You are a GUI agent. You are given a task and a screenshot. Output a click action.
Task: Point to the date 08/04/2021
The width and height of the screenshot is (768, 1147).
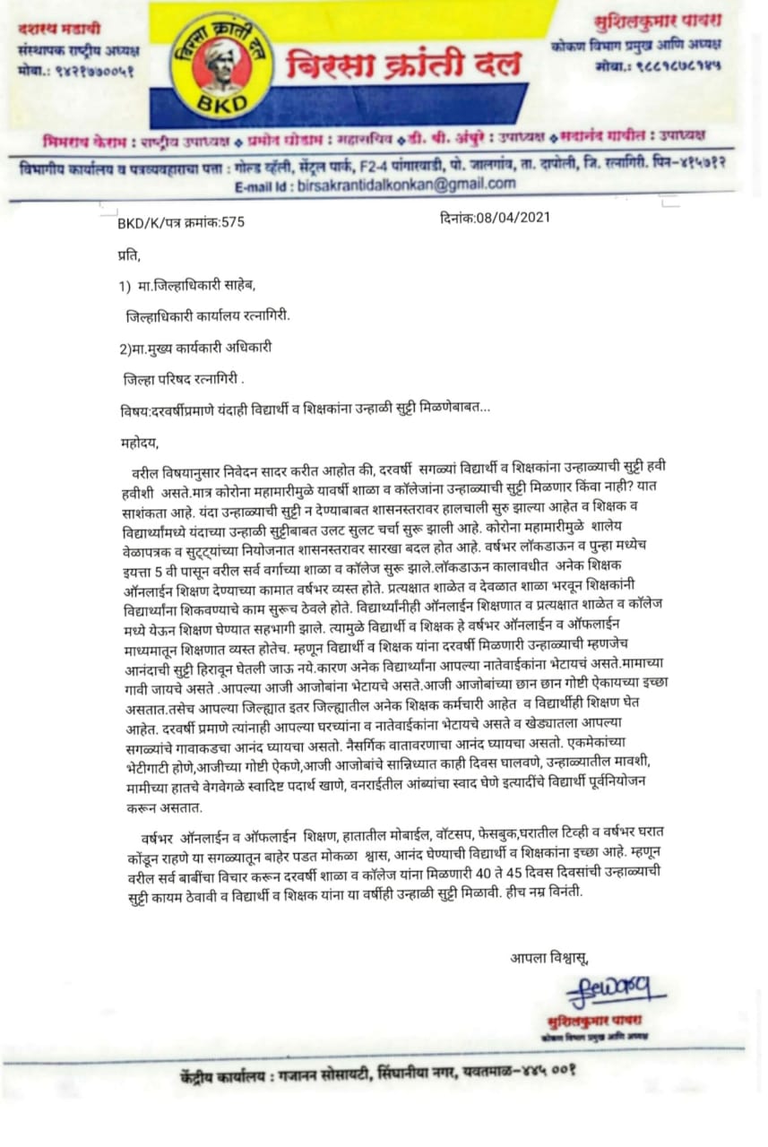[495, 217]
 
